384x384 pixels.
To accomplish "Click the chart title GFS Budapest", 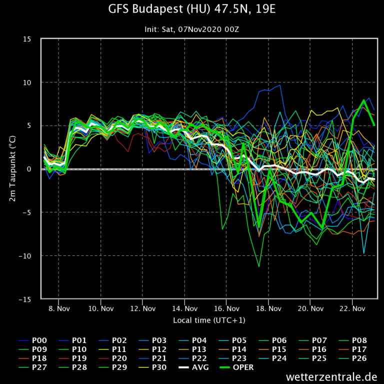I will click(191, 9).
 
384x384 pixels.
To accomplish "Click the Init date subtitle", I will click(191, 29).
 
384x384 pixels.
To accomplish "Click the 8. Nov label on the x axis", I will click(59, 308).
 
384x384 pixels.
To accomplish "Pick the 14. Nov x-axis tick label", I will click(184, 308).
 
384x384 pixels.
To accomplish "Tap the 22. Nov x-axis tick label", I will click(351, 308).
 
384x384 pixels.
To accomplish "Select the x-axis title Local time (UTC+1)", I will click(208, 320).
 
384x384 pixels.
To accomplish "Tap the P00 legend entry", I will click(33, 340).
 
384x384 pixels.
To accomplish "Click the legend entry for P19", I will click(73, 358).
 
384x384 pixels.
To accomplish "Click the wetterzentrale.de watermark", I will click(331, 376).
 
